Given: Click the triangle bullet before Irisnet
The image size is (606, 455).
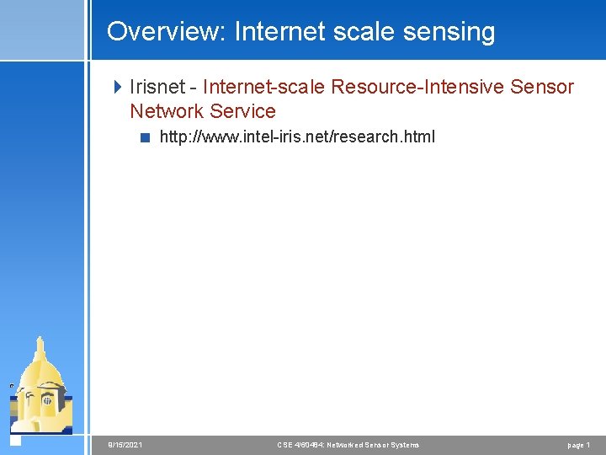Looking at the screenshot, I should click(118, 87).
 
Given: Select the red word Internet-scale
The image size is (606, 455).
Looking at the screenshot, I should click(264, 87).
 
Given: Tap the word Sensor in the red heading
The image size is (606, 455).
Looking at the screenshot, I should click(541, 87).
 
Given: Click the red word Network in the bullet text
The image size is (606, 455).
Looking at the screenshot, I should click(167, 111).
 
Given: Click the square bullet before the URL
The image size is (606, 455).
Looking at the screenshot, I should click(145, 137).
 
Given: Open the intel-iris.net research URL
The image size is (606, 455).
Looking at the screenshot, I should click(297, 136).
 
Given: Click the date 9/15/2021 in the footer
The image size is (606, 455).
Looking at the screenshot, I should click(125, 445).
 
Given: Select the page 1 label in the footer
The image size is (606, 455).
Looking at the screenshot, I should click(578, 445).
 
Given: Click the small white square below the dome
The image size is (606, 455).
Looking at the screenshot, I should click(14, 439).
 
